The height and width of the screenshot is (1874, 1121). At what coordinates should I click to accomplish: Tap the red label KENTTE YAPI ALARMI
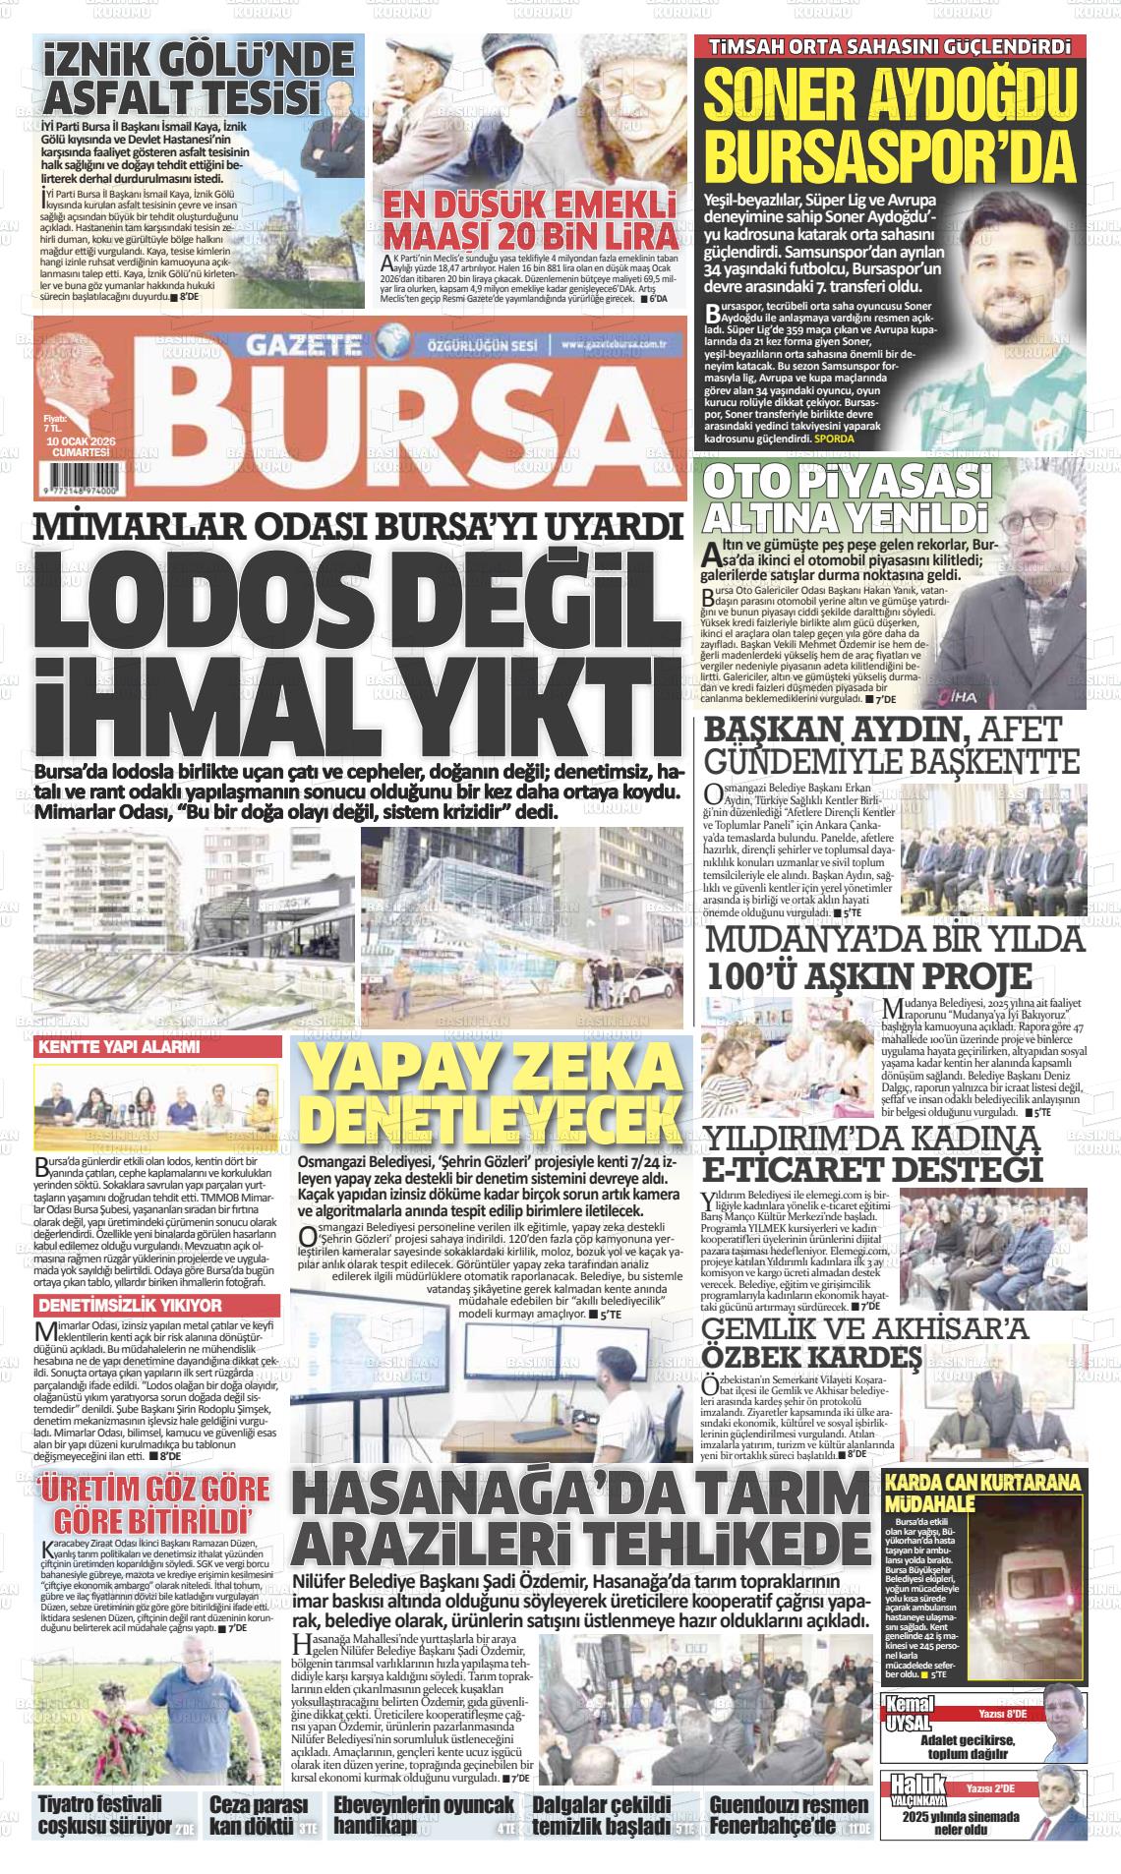[118, 1048]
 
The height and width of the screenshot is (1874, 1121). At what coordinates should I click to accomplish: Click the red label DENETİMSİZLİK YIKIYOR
[130, 1306]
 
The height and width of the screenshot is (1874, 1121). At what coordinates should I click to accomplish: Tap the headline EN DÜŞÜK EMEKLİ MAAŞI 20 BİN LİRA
[530, 222]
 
